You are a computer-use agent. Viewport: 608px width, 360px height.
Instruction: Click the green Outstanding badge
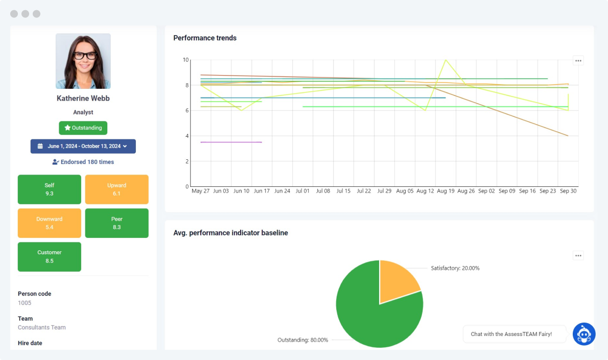[83, 128]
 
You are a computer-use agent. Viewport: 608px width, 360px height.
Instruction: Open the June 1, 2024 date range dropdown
[83, 146]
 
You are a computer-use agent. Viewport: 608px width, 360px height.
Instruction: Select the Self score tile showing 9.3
[49, 189]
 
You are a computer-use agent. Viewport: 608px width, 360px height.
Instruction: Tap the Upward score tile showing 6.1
[116, 189]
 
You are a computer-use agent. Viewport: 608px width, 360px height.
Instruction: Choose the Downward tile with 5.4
[49, 223]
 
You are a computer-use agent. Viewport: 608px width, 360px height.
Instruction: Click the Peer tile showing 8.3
[116, 223]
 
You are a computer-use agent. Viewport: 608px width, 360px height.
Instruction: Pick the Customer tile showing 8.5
[49, 257]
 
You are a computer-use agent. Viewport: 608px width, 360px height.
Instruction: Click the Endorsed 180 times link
[83, 162]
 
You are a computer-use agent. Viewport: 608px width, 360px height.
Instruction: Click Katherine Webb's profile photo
[83, 61]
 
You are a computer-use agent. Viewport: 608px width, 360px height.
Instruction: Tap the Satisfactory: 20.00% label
[455, 268]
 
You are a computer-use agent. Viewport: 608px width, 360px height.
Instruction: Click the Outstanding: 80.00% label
[302, 340]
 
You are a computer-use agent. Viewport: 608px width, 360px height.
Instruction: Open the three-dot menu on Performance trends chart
[578, 60]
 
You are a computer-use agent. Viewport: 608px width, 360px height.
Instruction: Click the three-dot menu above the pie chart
[578, 255]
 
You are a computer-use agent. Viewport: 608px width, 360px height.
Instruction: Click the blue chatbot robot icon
[584, 334]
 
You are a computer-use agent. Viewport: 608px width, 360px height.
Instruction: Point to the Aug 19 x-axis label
[446, 191]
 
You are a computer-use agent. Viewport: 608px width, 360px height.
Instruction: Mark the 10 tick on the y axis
[185, 60]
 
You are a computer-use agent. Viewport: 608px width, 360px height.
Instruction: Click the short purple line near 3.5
[231, 142]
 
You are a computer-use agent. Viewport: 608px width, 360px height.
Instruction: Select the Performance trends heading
[205, 38]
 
